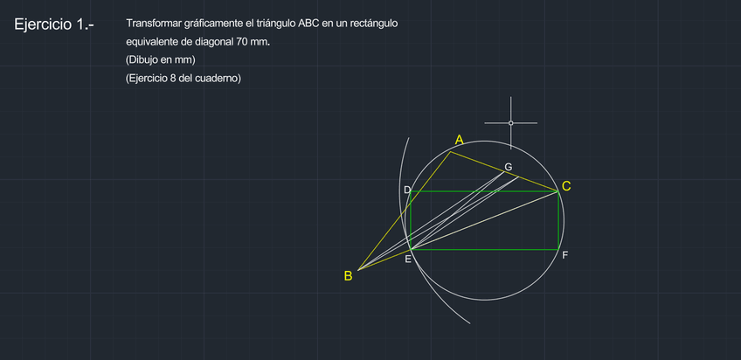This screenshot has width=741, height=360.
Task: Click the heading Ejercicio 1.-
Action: point(53,25)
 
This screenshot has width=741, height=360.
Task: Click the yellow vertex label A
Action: point(459,139)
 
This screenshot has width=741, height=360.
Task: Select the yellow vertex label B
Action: point(348,276)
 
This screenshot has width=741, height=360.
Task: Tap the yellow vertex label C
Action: point(566,186)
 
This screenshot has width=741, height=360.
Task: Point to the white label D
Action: point(406,190)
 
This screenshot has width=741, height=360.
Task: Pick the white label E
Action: point(407,259)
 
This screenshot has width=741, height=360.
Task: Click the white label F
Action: point(564,256)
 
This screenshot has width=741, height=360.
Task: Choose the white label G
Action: point(508,166)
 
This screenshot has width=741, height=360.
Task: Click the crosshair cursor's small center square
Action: point(511,123)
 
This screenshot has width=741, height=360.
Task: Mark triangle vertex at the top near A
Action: point(451,152)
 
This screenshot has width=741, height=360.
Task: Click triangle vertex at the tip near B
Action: point(358,270)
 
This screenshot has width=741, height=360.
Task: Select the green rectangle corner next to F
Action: point(558,250)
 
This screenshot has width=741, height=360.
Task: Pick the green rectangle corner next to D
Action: point(411,191)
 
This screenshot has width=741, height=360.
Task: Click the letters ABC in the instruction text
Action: point(308,24)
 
